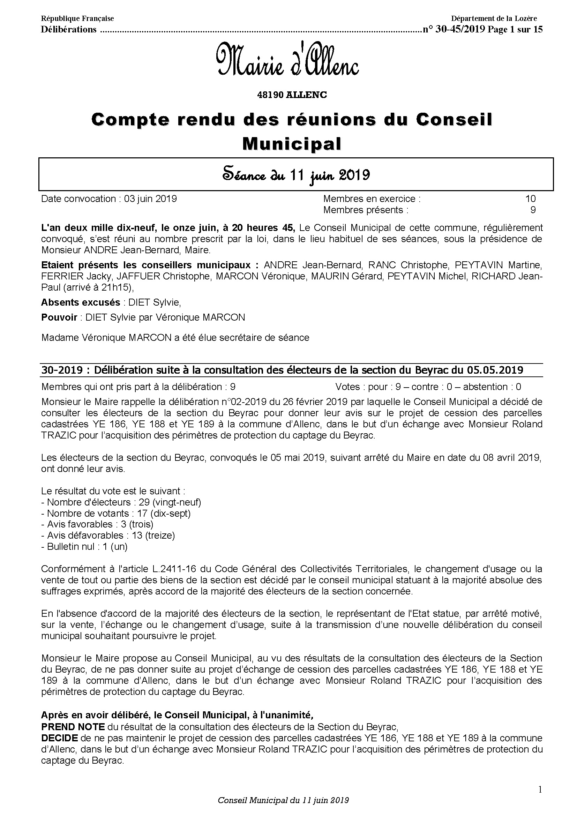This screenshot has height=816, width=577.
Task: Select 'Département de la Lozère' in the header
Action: tap(494, 18)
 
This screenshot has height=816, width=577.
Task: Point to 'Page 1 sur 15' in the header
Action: tap(515, 30)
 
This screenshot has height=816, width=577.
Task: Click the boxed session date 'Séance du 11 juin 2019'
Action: tap(296, 175)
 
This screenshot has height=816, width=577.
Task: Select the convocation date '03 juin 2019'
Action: tap(150, 199)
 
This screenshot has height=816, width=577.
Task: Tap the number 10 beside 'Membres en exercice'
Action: tap(530, 199)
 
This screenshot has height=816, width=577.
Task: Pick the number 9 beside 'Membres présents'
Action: tap(533, 210)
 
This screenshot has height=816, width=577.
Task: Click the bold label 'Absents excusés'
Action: tap(81, 302)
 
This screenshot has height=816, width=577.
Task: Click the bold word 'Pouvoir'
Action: tap(59, 317)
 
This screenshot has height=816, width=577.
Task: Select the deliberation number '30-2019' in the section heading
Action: tap(62, 370)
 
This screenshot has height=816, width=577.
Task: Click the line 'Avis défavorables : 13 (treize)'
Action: tap(108, 535)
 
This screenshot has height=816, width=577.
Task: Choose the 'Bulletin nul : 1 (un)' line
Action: tap(84, 546)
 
